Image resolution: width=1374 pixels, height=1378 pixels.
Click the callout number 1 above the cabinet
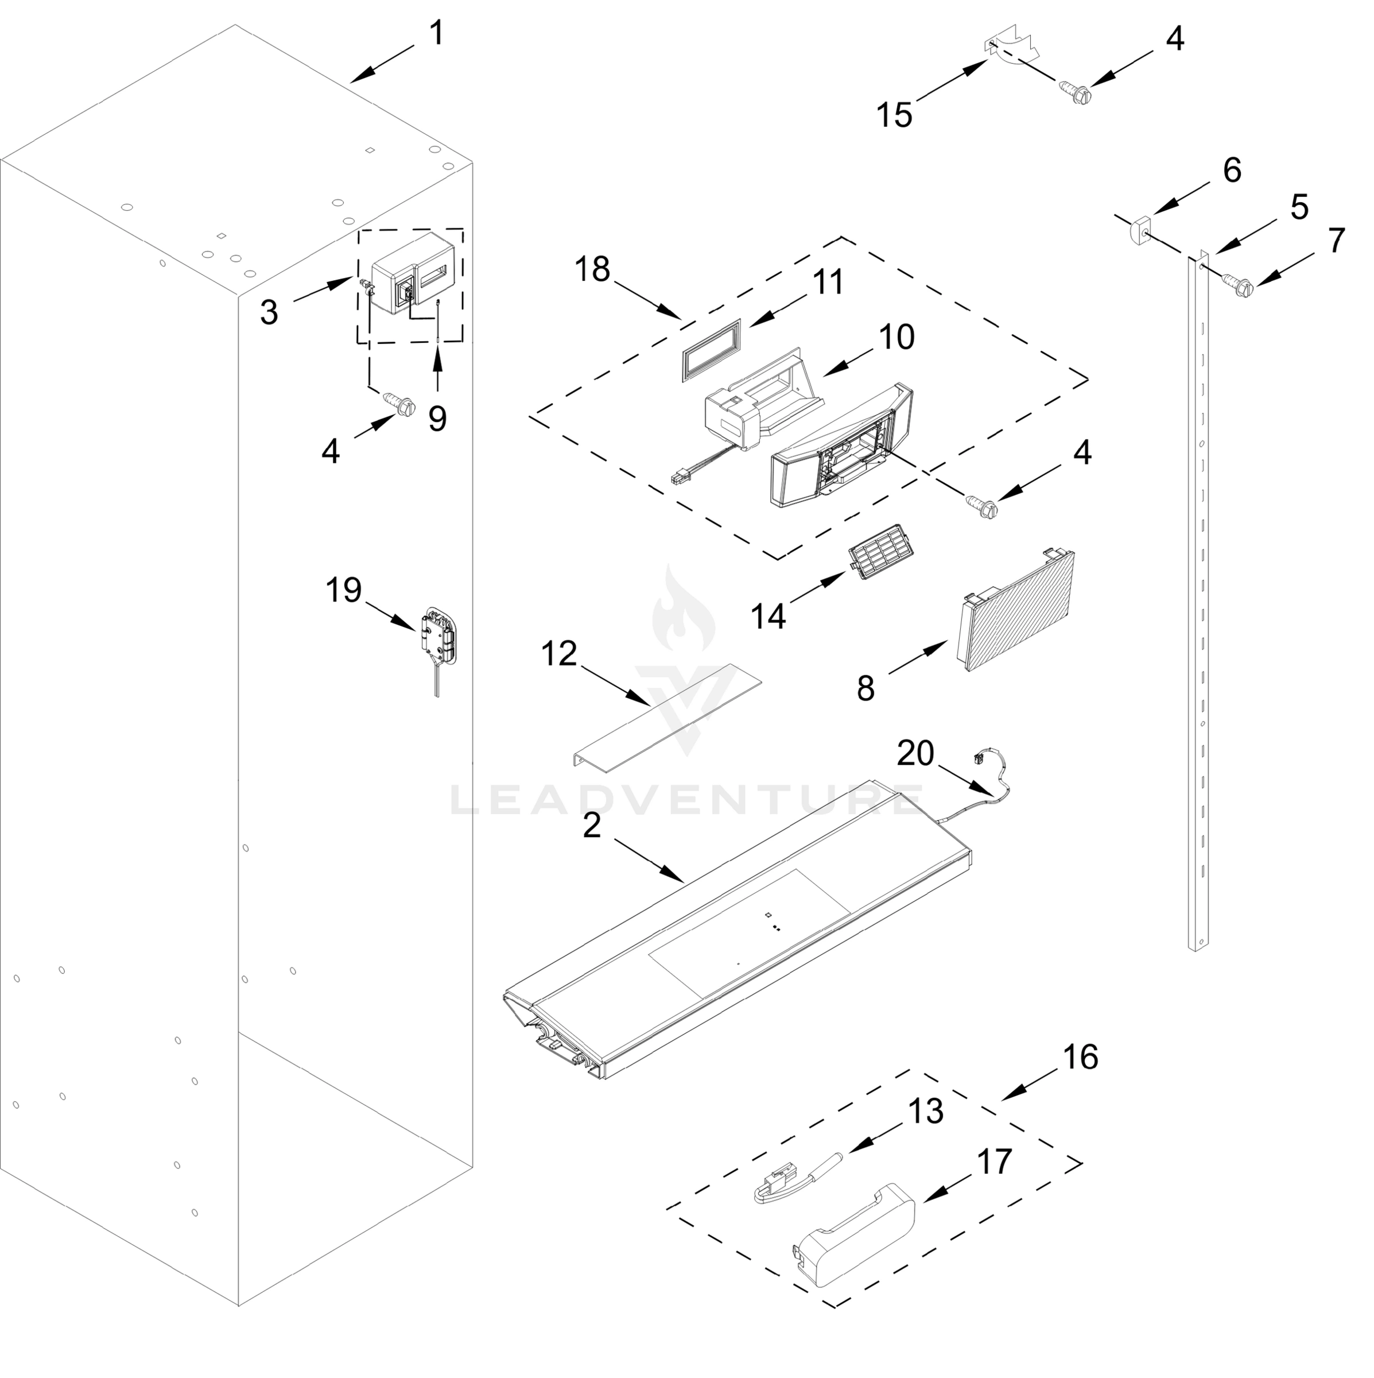tap(436, 33)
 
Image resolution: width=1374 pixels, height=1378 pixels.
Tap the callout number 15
tap(894, 115)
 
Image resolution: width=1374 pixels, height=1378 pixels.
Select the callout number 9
tap(437, 419)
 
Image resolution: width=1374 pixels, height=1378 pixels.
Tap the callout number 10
tap(896, 336)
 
